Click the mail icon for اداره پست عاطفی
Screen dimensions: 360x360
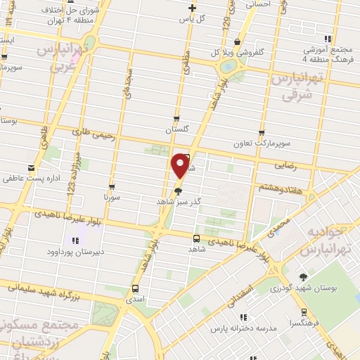[31, 169]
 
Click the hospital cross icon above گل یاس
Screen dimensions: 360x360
[192, 8]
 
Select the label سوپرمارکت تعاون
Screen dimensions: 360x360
[262, 143]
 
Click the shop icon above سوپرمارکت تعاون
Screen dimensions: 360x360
[262, 132]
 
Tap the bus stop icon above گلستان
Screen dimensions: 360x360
[176, 119]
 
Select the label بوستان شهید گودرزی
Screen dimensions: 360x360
[305, 288]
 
